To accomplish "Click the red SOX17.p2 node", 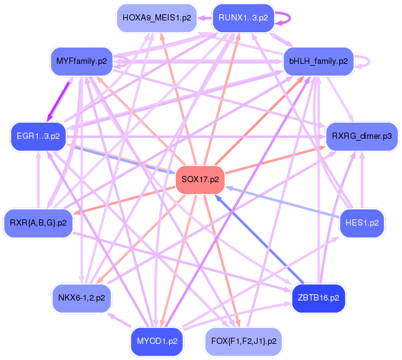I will point(200,180).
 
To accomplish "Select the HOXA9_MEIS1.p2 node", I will point(156,18).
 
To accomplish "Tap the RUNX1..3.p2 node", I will point(243,18).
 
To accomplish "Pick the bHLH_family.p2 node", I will point(318,61).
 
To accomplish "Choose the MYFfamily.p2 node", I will point(81,61).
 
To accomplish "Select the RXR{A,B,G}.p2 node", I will point(38,222).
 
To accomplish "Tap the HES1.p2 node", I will point(362,222).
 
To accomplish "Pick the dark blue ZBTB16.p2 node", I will point(318,297).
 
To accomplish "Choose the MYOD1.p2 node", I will point(156,341).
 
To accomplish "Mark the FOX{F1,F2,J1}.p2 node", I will point(243,341).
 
